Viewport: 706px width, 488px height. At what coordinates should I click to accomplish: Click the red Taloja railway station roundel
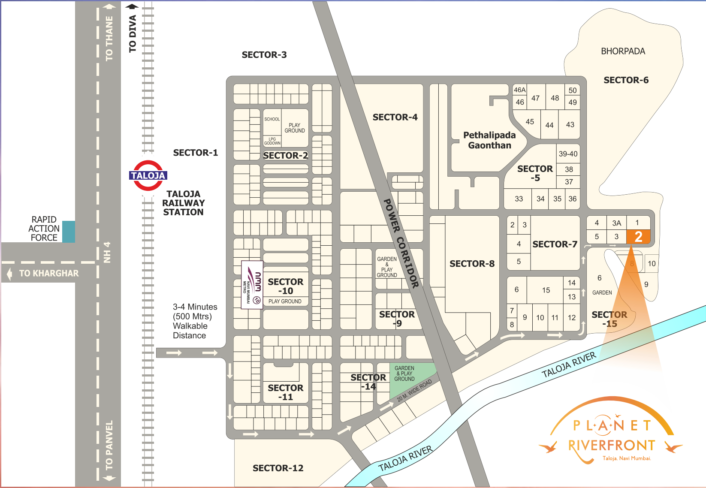[148, 175]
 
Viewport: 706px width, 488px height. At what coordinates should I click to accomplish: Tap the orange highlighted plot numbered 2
[638, 237]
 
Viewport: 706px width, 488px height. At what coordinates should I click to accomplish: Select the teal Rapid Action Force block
[69, 232]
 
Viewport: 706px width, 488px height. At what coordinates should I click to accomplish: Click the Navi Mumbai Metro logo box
[252, 285]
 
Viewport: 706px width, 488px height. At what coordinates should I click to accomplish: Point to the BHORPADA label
[623, 51]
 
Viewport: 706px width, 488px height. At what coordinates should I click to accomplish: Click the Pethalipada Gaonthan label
[489, 140]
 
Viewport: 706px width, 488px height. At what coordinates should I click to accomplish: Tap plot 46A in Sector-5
[519, 90]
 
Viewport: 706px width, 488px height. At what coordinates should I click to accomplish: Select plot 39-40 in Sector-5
[568, 154]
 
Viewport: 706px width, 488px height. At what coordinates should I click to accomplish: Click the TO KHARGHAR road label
[48, 274]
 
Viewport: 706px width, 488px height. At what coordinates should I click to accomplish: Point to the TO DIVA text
[133, 33]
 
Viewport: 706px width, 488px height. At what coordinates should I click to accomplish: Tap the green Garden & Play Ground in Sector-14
[410, 380]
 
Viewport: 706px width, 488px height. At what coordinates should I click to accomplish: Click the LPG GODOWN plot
[272, 141]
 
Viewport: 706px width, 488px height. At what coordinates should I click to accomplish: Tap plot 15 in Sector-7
[546, 290]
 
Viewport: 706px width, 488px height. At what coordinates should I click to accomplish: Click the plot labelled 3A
[616, 223]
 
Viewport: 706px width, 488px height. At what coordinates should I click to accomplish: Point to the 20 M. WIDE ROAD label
[414, 391]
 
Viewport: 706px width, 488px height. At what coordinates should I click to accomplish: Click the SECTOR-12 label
[278, 468]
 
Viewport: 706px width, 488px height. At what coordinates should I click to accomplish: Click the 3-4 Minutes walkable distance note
[195, 321]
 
